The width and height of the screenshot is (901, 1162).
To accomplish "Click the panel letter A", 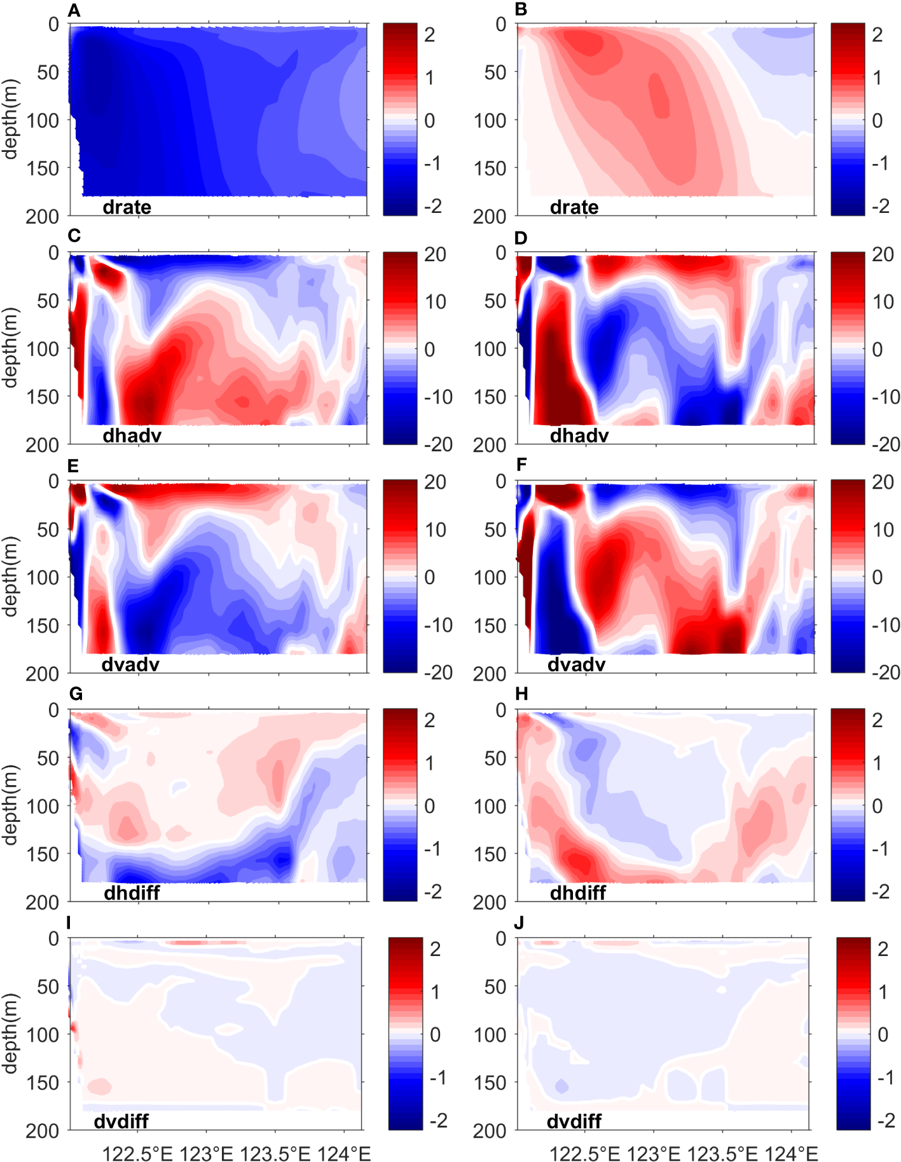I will tap(74, 10).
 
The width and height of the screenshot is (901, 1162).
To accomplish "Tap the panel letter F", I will tap(521, 465).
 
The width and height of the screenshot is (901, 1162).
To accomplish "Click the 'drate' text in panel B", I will tap(574, 207).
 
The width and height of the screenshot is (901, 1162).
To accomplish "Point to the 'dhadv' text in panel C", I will tap(132, 435).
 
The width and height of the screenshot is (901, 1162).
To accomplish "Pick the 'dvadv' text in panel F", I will tap(576, 664).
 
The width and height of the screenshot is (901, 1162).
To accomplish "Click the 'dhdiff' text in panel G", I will tap(132, 892).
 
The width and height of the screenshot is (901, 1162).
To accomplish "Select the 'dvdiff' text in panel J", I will tap(574, 1121).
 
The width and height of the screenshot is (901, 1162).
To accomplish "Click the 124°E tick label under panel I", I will tap(344, 1153).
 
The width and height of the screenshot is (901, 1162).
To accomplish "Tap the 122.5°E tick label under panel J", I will tap(584, 1153).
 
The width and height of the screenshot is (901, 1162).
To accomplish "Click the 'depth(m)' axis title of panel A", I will tap(10, 120).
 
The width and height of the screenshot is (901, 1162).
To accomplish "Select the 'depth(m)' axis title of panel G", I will tap(10, 805).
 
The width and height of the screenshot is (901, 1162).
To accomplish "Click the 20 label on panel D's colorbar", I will tap(883, 254).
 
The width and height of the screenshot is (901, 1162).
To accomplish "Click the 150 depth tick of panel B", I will tap(489, 168).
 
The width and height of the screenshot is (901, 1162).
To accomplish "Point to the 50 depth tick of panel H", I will tap(495, 758).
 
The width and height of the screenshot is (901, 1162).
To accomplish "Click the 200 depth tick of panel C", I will tap(42, 445).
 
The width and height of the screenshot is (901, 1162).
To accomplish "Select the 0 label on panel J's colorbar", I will tap(883, 1034).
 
